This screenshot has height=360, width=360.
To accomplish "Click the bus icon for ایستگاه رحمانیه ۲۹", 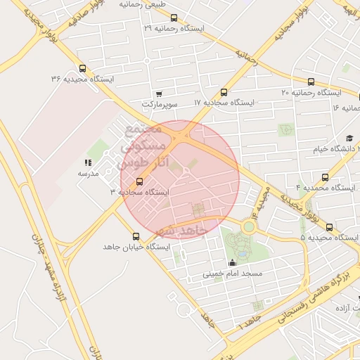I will (x=174, y=18).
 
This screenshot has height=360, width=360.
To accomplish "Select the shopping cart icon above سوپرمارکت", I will (x=160, y=94).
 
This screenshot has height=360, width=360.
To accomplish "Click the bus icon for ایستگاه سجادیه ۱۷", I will (x=224, y=92).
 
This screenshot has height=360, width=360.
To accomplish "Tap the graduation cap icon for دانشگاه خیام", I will (x=349, y=139).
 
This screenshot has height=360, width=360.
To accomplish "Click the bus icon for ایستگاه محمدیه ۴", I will (x=324, y=177).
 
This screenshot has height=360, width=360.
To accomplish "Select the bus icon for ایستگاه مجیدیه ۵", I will (x=330, y=227).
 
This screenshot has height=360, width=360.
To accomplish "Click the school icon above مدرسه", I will (x=88, y=162).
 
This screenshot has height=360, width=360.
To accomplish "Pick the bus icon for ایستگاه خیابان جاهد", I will (x=136, y=236).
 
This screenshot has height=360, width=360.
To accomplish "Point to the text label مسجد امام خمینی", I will (x=233, y=273).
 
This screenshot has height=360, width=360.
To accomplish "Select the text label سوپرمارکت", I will (x=160, y=104).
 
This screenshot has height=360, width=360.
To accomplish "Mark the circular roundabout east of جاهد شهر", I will (x=249, y=226).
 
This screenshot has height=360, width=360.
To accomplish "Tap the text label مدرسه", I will (x=87, y=173).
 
